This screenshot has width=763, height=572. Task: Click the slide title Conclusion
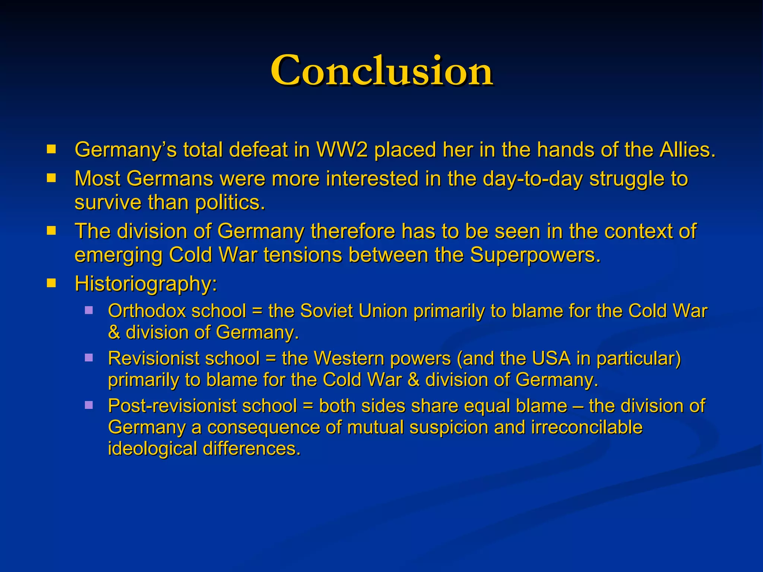(381, 71)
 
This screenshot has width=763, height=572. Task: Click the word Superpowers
(535, 255)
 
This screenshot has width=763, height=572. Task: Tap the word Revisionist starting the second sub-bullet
(153, 358)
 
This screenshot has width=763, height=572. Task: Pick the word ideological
(152, 448)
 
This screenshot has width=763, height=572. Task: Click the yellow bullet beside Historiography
(51, 284)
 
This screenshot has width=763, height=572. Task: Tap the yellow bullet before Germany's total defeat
(51, 150)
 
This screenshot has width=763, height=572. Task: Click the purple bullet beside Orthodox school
(89, 310)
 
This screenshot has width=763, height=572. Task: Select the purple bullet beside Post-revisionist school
(89, 405)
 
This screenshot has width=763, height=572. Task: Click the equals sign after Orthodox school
(257, 311)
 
